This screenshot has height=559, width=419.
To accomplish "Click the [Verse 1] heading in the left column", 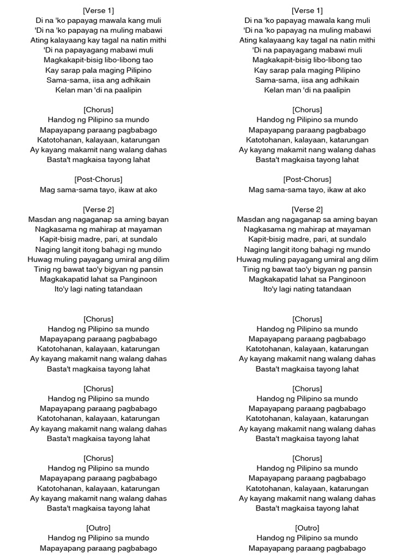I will tap(98, 10).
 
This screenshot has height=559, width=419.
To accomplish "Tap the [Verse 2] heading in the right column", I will tap(307, 210).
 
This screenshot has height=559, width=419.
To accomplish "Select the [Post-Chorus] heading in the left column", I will tap(98, 180).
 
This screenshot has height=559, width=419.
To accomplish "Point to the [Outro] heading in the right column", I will tap(307, 528).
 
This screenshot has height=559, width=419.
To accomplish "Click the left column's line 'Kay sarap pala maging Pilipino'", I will tap(98, 70).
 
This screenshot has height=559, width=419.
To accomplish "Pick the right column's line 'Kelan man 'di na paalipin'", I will tap(307, 90).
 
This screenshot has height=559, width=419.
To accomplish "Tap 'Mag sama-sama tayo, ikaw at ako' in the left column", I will tap(98, 190).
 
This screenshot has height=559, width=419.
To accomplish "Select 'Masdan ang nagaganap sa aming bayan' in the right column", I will tap(307, 219).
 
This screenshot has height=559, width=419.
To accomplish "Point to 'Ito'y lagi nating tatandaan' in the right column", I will tap(307, 289).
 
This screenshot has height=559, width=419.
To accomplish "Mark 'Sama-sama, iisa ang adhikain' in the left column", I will tap(98, 80).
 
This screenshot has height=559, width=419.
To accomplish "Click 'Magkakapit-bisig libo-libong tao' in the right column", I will tap(307, 60).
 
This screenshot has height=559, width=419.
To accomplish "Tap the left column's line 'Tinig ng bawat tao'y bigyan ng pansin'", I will tap(98, 269).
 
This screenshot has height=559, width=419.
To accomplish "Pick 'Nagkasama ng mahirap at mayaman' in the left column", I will tap(98, 229).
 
